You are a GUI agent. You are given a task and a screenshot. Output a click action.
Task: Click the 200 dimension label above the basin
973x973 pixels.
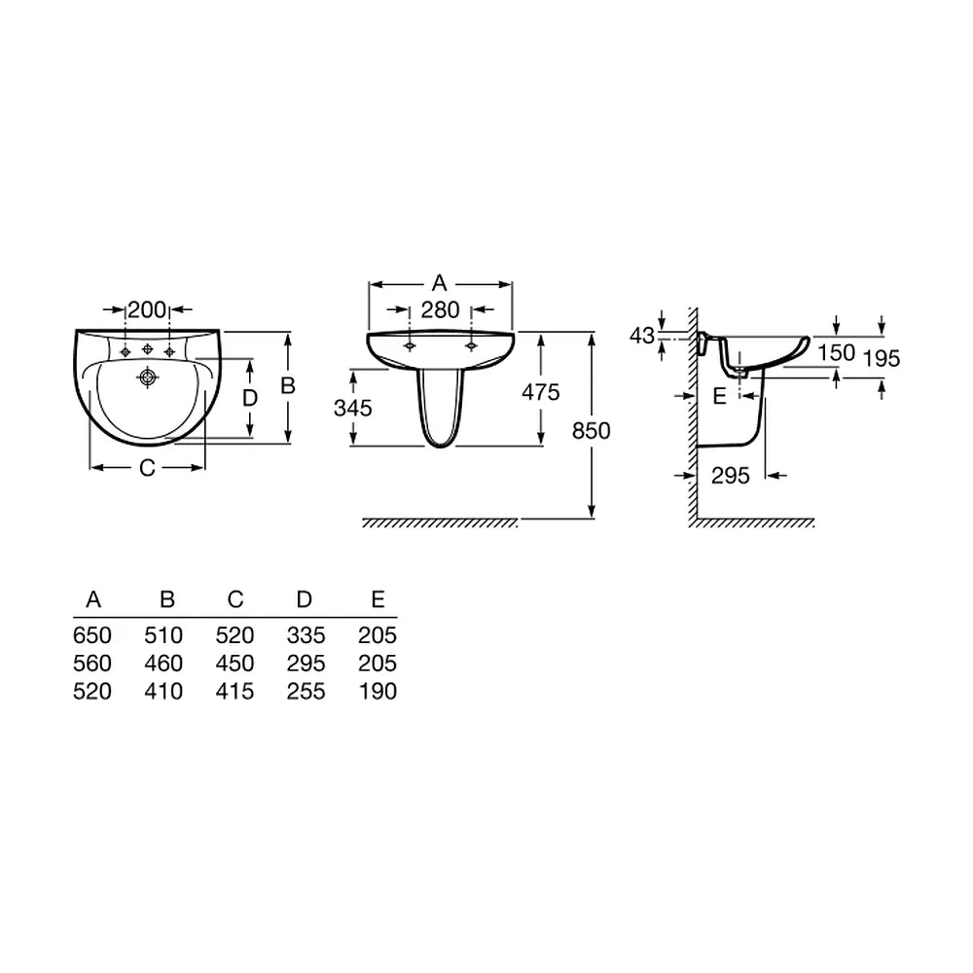[x=147, y=309]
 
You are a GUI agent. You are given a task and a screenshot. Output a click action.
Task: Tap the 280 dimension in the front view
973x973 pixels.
[x=440, y=309]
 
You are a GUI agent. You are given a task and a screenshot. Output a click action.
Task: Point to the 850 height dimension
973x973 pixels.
[x=591, y=431]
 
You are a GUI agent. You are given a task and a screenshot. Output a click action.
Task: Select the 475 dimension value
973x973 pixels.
[x=540, y=392]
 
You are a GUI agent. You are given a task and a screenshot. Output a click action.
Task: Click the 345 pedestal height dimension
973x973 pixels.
[x=352, y=409]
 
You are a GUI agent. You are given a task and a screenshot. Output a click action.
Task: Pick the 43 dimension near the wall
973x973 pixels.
[x=641, y=336]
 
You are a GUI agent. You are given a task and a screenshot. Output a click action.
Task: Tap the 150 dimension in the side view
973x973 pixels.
[x=836, y=353]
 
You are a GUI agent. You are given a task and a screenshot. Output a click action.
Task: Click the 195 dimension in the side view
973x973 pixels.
[x=882, y=359]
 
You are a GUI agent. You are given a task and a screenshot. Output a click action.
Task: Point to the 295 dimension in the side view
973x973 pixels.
[x=731, y=476]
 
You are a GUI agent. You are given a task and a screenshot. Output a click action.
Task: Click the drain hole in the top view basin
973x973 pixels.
[x=148, y=376]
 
